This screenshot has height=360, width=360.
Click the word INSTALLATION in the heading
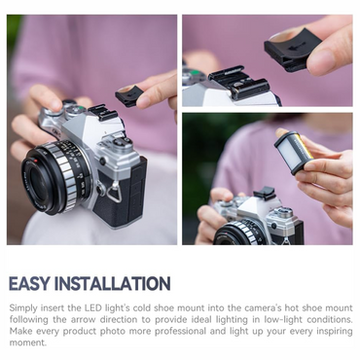coord(112,284)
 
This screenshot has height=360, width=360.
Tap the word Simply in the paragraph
coord(23,308)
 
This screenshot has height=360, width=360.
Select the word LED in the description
coord(92,307)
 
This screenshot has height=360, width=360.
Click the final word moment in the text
coord(28,342)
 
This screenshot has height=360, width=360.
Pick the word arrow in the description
coord(83,320)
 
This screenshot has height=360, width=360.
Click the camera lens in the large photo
coord(55,178)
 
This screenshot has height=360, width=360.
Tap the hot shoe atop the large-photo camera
coord(103,112)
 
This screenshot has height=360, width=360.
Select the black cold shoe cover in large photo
coord(129,96)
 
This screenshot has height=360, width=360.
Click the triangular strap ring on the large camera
coord(115,192)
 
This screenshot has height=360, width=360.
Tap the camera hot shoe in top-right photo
coord(239,82)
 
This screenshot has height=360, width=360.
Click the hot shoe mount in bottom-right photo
coord(265,194)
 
